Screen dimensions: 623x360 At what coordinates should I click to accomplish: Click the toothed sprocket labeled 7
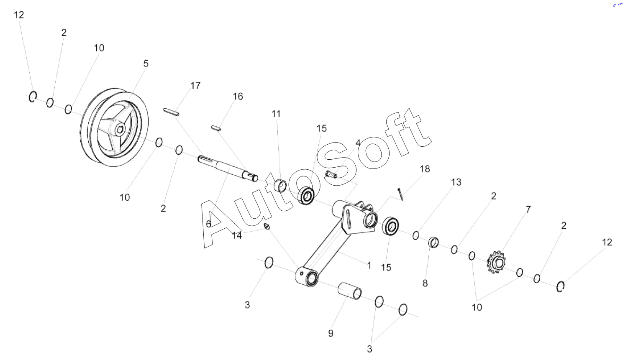click(497, 262)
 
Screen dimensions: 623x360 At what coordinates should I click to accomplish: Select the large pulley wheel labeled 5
click(114, 128)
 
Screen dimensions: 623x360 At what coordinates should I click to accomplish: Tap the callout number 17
click(195, 86)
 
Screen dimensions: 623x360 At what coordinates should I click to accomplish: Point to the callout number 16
click(238, 97)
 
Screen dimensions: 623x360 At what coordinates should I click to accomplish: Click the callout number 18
click(425, 169)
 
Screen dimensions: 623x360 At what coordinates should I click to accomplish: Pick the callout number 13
click(456, 182)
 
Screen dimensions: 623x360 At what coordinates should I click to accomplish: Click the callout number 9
click(331, 333)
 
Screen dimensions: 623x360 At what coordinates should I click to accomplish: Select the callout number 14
click(237, 236)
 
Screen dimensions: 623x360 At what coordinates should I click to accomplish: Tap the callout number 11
click(276, 114)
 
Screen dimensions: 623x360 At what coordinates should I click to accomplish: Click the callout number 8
click(425, 283)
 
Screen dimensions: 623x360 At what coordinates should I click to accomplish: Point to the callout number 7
click(528, 209)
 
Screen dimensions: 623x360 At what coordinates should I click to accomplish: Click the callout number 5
click(146, 64)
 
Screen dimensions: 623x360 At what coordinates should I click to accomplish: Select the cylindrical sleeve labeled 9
click(350, 291)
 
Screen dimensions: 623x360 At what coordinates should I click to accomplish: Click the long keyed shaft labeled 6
click(228, 169)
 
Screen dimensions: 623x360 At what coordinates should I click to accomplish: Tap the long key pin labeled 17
click(171, 112)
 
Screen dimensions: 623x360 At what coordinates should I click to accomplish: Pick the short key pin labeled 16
click(216, 128)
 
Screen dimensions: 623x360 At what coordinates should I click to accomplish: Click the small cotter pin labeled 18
click(401, 194)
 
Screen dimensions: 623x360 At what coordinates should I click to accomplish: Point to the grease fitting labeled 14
click(267, 226)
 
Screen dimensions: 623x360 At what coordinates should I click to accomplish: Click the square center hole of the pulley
click(120, 130)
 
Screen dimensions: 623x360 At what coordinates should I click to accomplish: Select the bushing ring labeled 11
click(281, 186)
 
